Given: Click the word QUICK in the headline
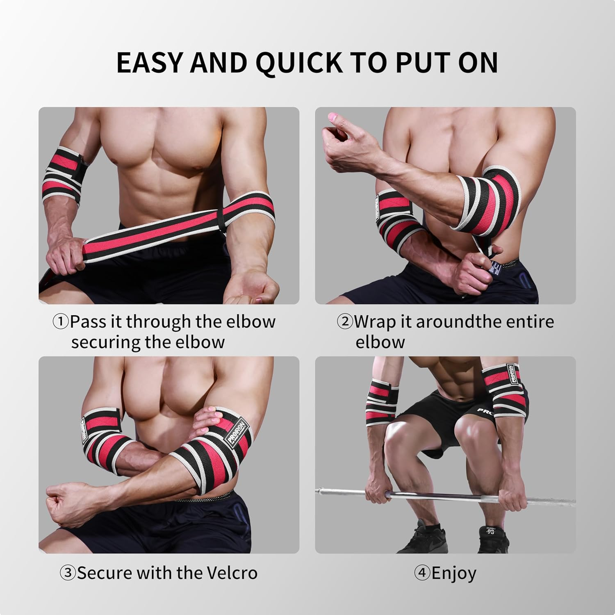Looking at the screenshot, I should [x=299, y=62].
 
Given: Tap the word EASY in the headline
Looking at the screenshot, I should [x=148, y=62].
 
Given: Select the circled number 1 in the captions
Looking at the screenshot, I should [x=61, y=322].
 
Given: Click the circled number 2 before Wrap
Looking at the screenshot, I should [x=344, y=322].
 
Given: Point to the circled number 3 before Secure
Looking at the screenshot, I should [x=68, y=573].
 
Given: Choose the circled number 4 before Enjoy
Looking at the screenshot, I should [x=422, y=573].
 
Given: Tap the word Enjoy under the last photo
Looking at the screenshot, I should [x=454, y=573].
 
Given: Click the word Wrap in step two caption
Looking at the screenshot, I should [x=376, y=322].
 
